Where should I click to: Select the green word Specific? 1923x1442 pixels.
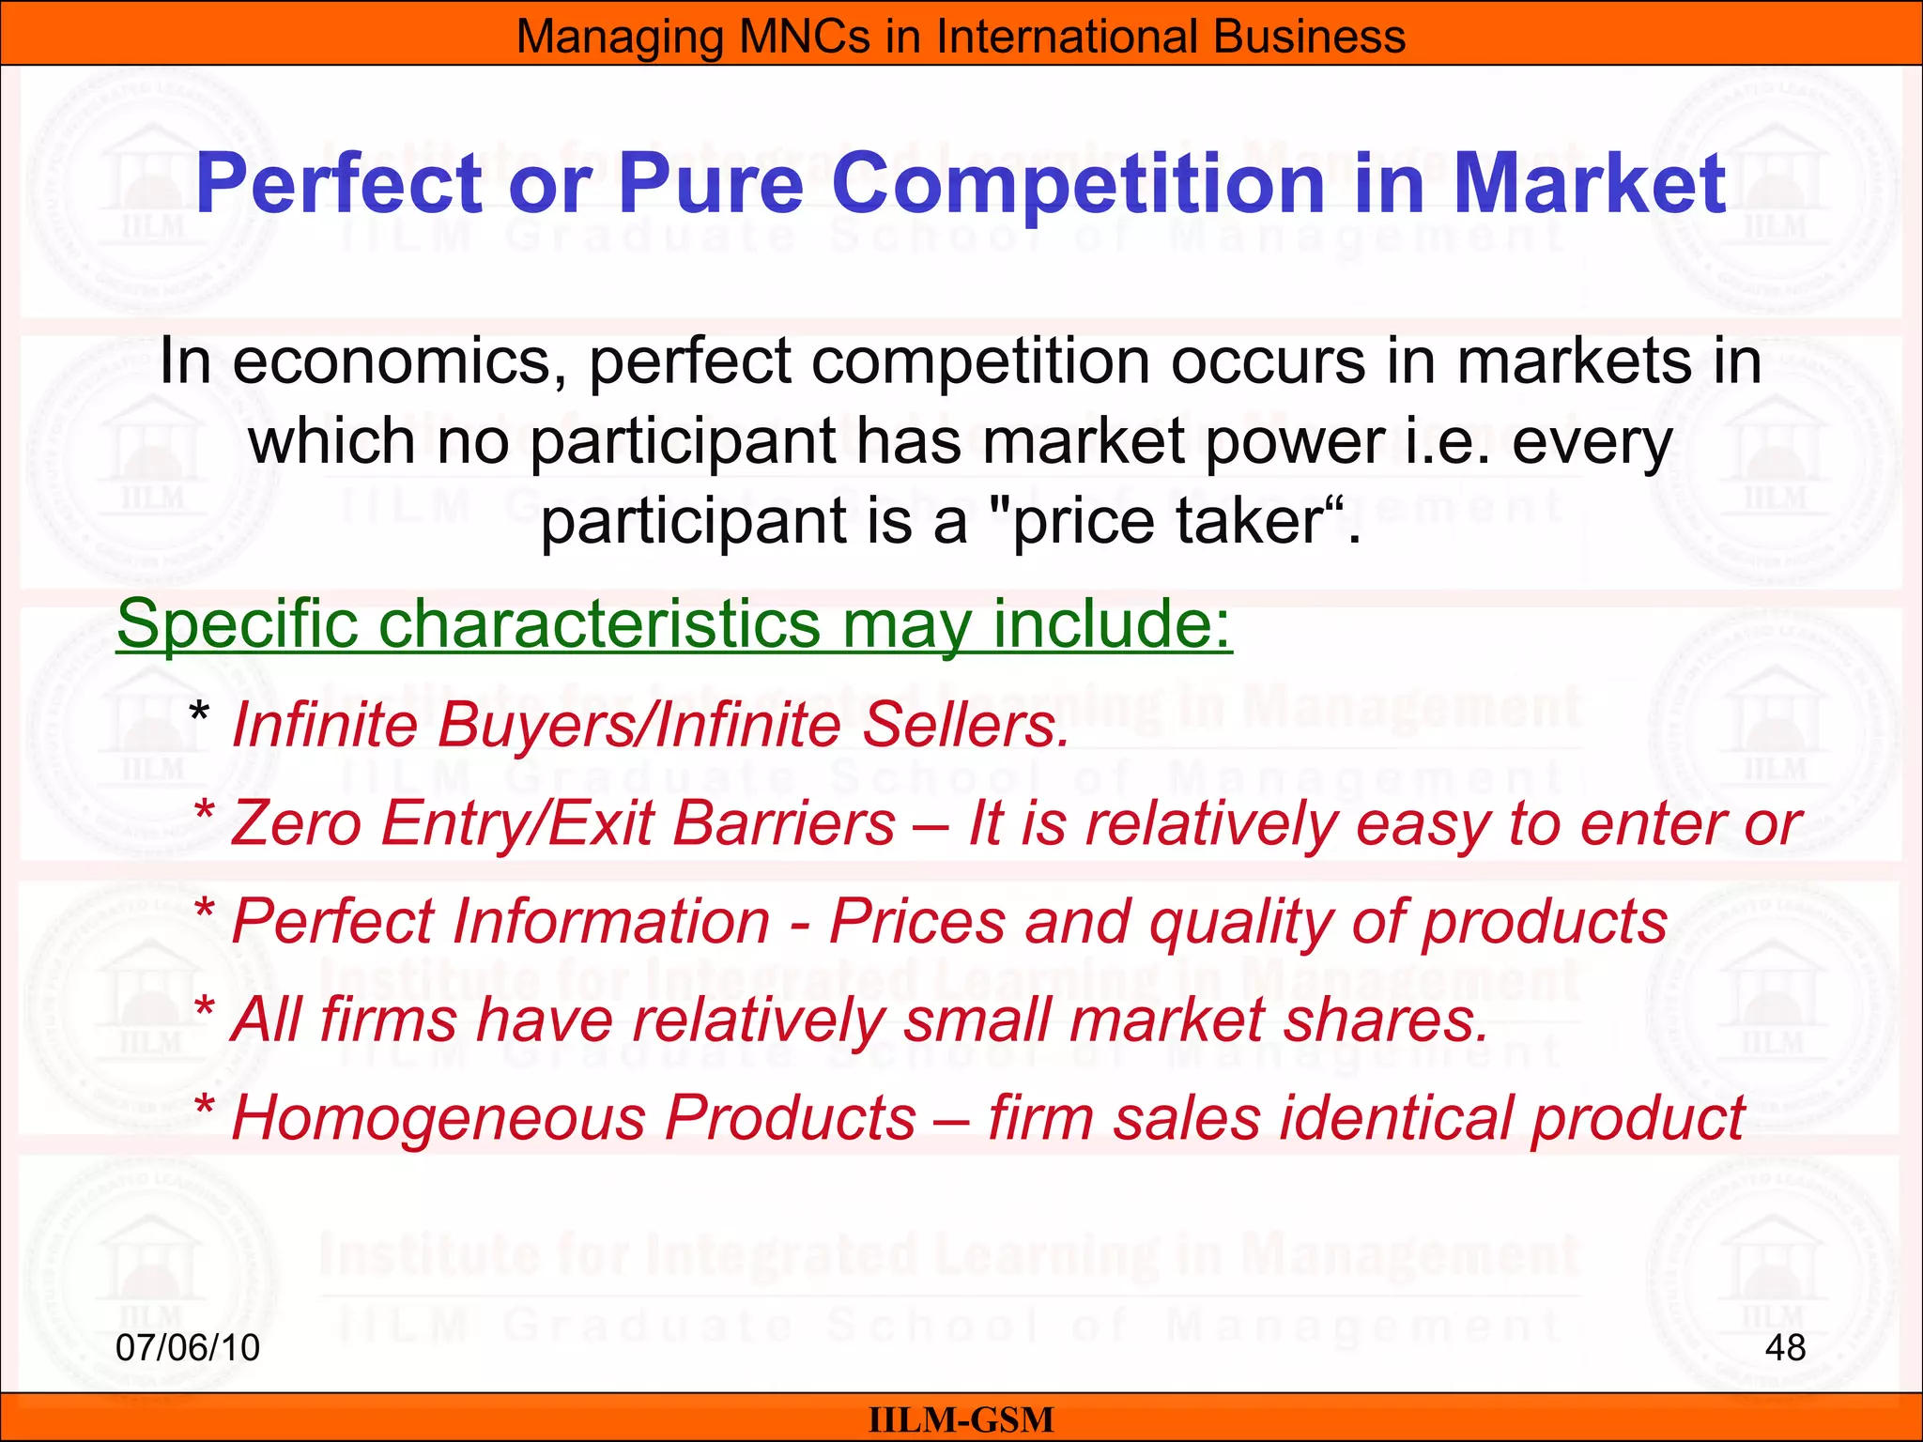pyautogui.click(x=236, y=624)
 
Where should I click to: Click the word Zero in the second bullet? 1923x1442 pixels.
pyautogui.click(x=297, y=823)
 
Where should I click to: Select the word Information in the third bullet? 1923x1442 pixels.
pyautogui.click(x=611, y=921)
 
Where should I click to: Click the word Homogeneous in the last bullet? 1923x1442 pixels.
pyautogui.click(x=574, y=1118)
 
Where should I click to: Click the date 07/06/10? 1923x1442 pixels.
pyautogui.click(x=188, y=1348)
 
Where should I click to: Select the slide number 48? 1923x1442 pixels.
pyautogui.click(x=1785, y=1348)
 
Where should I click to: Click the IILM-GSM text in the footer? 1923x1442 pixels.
pyautogui.click(x=961, y=1419)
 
